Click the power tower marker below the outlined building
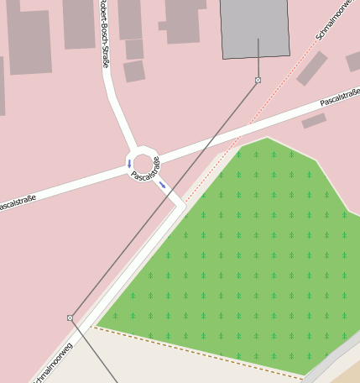(258, 81)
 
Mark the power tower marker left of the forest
(70, 317)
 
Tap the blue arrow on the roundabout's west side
(128, 163)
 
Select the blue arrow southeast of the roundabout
(162, 185)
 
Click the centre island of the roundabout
(143, 163)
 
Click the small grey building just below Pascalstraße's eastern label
(314, 121)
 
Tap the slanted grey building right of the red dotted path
(311, 69)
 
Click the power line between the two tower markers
(164, 199)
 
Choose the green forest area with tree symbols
(243, 252)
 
